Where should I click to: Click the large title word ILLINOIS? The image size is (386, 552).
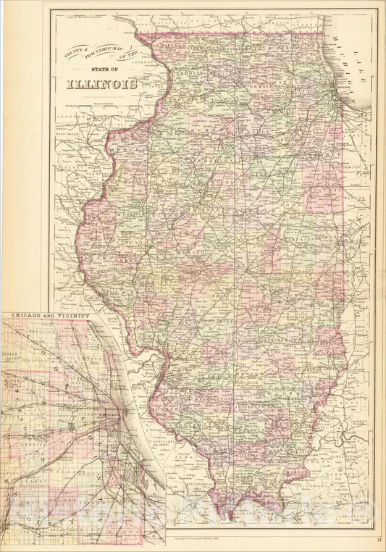103,83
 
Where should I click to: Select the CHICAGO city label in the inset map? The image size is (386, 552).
93,414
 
